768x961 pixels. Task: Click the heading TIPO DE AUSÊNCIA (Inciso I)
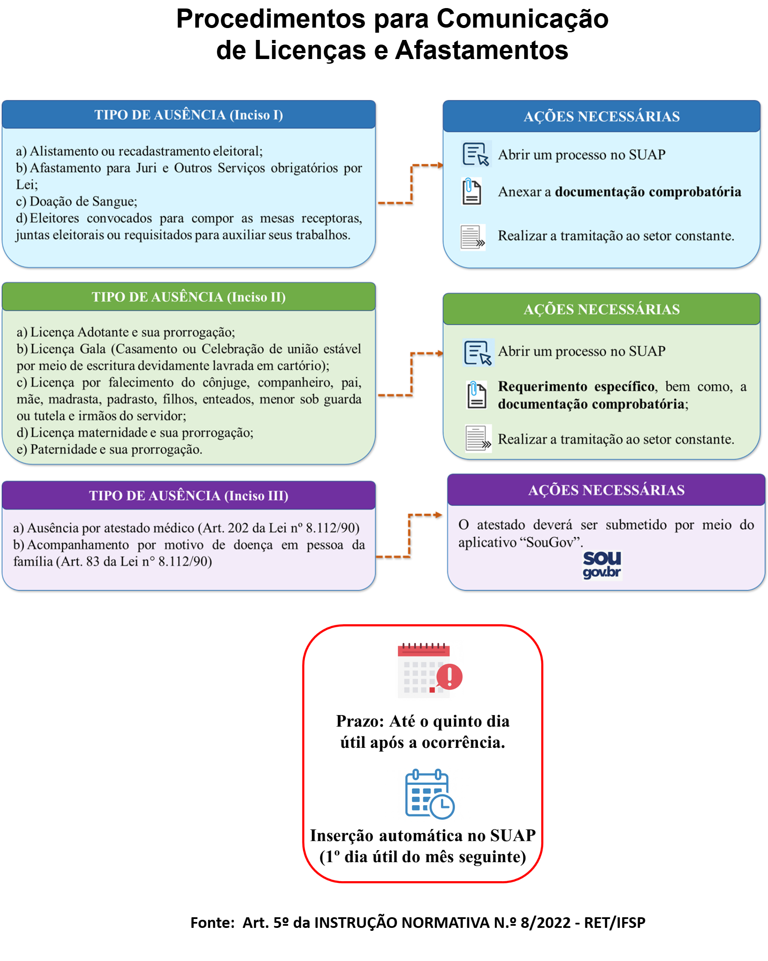pos(189,115)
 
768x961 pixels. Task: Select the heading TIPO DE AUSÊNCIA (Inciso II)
pos(189,297)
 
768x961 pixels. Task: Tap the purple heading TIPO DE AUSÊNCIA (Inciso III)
pos(189,496)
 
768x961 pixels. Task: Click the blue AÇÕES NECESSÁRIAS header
pos(601,117)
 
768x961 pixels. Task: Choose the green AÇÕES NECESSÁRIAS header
pos(601,309)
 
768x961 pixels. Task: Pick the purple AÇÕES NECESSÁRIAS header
pos(606,490)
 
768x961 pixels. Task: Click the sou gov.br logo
pos(602,565)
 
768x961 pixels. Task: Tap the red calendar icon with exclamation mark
pos(430,671)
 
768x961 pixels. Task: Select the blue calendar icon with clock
pos(430,794)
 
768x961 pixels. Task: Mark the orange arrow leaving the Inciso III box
pos(409,535)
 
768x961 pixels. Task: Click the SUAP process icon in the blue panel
pos(476,154)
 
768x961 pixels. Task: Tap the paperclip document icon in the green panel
pos(476,395)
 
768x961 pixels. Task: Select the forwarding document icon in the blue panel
pos(472,237)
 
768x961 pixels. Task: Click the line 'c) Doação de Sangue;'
pos(76,201)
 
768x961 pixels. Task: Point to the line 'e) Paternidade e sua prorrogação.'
pos(110,449)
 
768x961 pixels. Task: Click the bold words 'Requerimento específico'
pos(576,386)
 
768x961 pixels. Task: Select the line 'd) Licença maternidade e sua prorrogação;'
pos(135,432)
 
